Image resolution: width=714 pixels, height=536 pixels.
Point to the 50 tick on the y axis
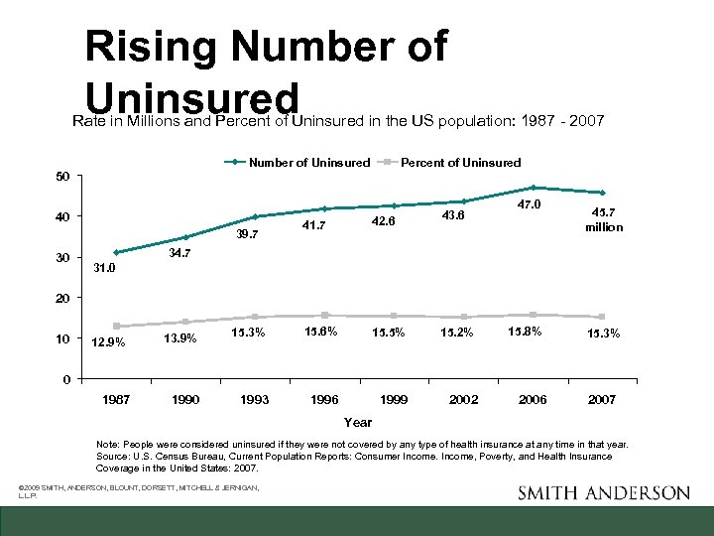[x=62, y=177]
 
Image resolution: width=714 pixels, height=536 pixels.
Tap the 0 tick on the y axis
[x=65, y=379]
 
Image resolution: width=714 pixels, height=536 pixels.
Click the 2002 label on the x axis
[x=464, y=400]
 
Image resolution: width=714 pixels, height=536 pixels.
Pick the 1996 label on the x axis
[x=324, y=400]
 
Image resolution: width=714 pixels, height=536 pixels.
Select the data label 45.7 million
[x=604, y=219]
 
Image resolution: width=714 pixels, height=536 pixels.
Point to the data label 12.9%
[x=108, y=343]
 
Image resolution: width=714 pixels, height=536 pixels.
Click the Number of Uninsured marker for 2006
[x=533, y=188]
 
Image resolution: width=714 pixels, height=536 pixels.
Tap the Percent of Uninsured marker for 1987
[x=117, y=326]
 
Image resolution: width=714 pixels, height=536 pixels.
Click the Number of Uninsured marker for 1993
[x=255, y=216]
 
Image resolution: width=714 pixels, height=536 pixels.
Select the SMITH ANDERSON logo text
[x=603, y=493]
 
